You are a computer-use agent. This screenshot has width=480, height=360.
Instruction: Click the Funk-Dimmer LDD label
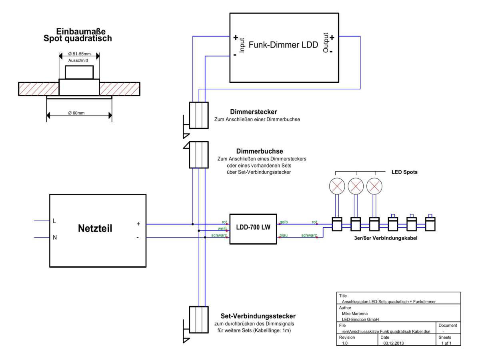(283, 45)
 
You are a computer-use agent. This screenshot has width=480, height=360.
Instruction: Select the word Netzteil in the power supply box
(95, 228)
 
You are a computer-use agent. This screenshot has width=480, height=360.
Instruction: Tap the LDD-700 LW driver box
(253, 229)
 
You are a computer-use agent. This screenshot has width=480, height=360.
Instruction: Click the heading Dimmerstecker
(254, 112)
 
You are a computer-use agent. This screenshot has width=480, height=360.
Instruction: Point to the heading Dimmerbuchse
(260, 151)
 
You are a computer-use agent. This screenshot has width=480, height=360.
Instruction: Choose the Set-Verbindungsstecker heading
(258, 316)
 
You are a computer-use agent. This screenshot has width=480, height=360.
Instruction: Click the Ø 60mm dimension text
(76, 113)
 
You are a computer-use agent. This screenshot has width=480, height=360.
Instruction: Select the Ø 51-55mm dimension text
(79, 54)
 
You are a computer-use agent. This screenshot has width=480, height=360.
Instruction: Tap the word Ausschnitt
(78, 60)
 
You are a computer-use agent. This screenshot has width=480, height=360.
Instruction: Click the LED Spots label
(404, 172)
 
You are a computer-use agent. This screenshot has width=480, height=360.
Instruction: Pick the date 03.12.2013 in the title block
(394, 343)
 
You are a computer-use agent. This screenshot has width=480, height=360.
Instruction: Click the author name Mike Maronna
(355, 314)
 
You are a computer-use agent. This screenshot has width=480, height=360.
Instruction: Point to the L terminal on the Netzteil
(54, 221)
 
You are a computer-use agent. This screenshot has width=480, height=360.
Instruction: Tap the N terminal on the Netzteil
(55, 237)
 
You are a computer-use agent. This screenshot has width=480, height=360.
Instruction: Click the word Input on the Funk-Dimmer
(242, 45)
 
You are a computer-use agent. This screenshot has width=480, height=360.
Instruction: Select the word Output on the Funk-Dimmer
(326, 43)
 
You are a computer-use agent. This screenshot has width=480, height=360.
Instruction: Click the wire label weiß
(222, 228)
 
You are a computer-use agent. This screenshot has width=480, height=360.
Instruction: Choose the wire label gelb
(284, 222)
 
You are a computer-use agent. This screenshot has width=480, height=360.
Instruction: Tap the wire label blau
(284, 235)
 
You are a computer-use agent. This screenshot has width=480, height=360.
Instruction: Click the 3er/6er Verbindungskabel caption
(386, 238)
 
